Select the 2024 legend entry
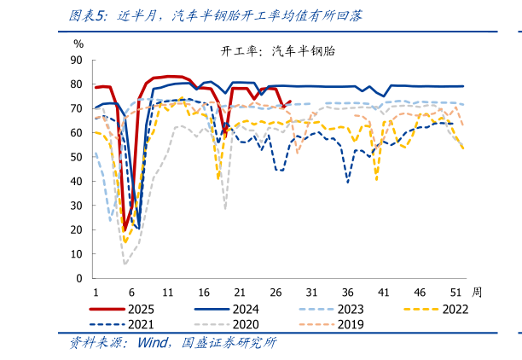(x=245, y=309)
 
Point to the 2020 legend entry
(x=245, y=324)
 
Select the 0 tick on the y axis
(x=79, y=278)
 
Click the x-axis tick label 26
(x=275, y=291)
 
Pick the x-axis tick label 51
(x=455, y=291)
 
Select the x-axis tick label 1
(x=95, y=291)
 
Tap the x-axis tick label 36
(x=348, y=291)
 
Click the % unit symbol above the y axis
(x=78, y=44)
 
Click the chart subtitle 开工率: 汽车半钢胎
(x=278, y=51)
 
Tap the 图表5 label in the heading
(x=85, y=15)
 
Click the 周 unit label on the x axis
(x=476, y=291)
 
